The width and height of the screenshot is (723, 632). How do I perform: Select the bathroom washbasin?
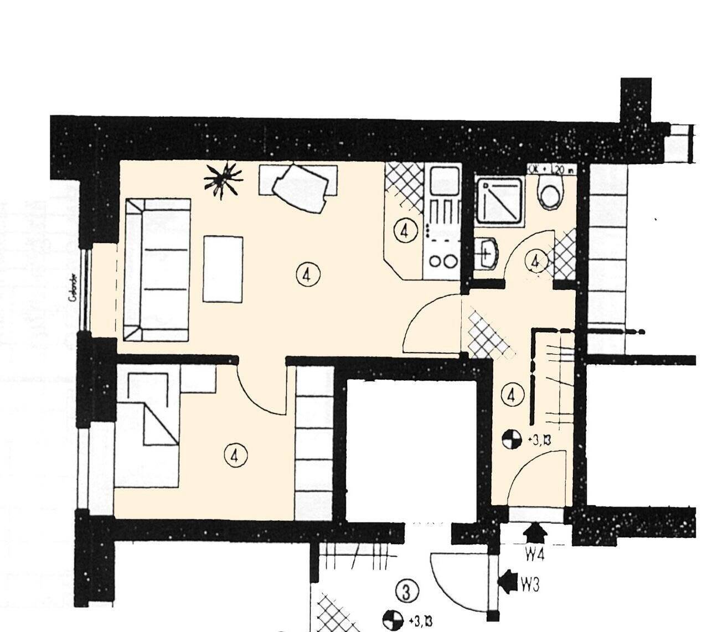click(487, 253)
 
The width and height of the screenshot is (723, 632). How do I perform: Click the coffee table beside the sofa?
click(223, 269)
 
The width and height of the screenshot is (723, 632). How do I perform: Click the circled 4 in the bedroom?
click(235, 455)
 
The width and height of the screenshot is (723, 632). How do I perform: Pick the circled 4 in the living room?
click(307, 273)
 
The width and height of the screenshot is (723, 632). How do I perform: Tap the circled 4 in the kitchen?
click(407, 231)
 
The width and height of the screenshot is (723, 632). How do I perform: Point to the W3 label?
click(530, 584)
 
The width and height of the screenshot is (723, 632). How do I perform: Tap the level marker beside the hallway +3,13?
click(512, 440)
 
